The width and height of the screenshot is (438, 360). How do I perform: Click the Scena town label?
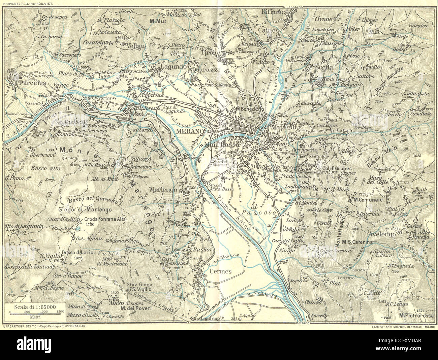(324, 67)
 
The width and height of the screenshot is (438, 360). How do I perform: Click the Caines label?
(268, 30)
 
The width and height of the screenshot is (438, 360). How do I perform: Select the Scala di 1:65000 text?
(35, 307)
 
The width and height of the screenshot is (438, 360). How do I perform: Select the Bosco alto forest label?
(45, 168)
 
